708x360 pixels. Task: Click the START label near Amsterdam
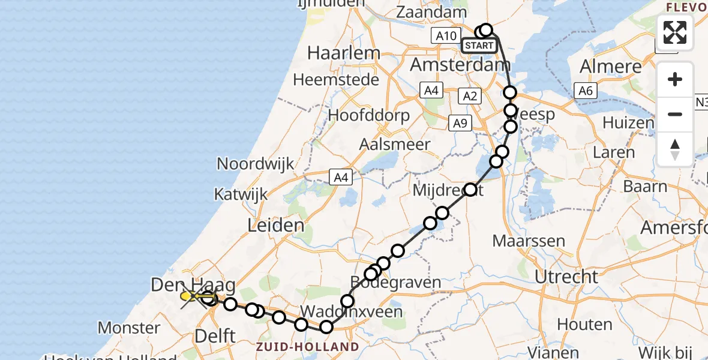coord(479,46)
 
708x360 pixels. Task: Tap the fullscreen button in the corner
coord(675,32)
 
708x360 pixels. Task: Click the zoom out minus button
coord(675,114)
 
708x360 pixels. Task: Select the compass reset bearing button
coord(675,149)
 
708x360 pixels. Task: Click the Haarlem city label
coord(343,53)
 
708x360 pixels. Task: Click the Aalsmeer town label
coord(394,144)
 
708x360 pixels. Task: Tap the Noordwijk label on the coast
coord(256,163)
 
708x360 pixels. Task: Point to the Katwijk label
coord(241,195)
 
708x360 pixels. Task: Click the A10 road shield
coord(446,35)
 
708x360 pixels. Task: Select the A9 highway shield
coord(460,123)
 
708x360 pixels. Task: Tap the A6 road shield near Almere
coord(585,91)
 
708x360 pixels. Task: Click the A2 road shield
coord(469,95)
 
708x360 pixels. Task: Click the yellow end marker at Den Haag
coord(188,296)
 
